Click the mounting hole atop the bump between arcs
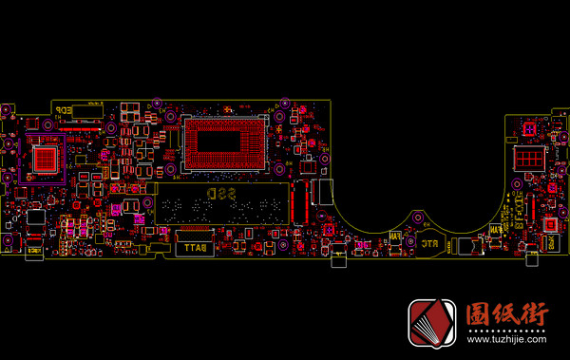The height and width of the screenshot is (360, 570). pyautogui.click(x=416, y=218)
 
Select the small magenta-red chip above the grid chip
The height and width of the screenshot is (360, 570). pyautogui.click(x=529, y=129)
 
